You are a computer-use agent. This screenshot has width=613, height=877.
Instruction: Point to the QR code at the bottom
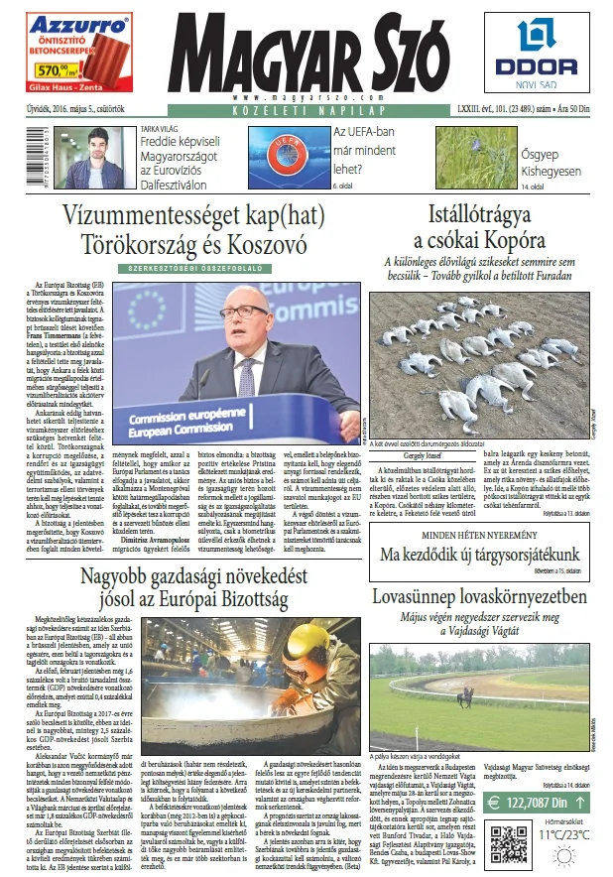coord(513,848)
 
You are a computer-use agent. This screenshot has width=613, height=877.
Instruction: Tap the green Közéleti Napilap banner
coord(306,112)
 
